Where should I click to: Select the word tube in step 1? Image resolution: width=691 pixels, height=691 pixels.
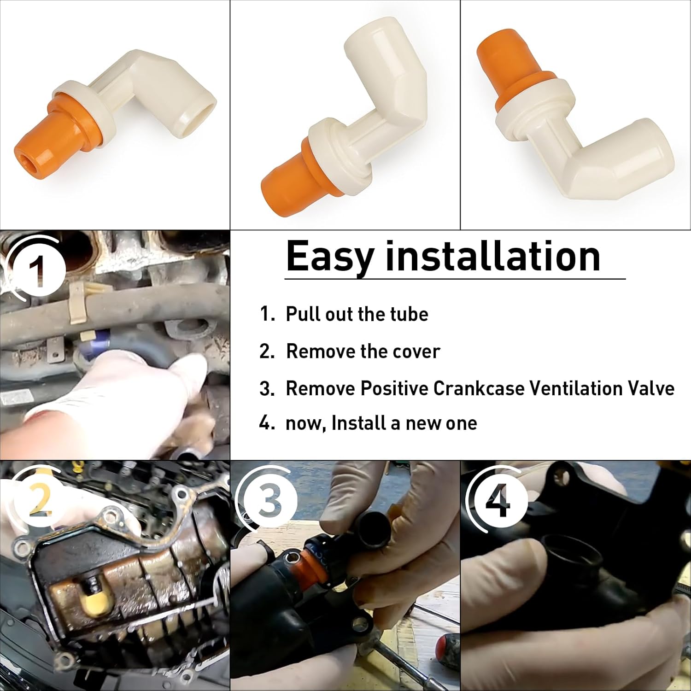409,315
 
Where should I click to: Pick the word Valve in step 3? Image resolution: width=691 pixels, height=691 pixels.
650,388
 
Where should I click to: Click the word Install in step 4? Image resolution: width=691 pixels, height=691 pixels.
358,423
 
